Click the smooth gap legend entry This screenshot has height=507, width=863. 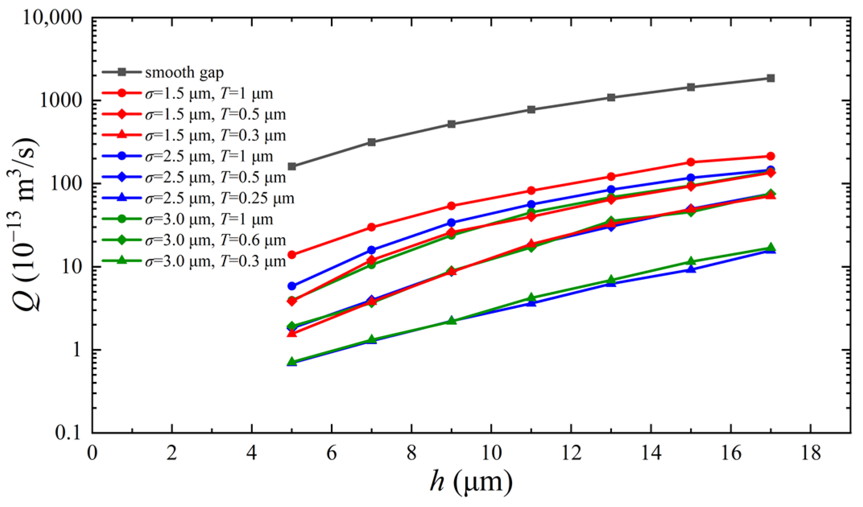click(x=184, y=73)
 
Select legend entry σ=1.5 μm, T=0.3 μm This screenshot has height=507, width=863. click(x=215, y=135)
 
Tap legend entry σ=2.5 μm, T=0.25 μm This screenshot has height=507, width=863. click(x=219, y=198)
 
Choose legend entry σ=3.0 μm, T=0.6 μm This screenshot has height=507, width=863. click(x=215, y=240)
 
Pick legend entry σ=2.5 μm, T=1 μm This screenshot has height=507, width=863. click(x=209, y=156)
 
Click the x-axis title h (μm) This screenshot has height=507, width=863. click(x=471, y=481)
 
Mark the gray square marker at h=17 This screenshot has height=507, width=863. click(x=770, y=78)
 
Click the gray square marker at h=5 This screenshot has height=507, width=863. click(x=292, y=166)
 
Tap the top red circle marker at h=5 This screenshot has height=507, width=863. click(x=292, y=255)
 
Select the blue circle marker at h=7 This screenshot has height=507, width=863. click(x=372, y=250)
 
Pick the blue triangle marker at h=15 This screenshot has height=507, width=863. click(x=691, y=269)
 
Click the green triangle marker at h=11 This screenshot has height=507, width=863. click(x=531, y=298)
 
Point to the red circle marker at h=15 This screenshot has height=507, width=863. click(x=691, y=162)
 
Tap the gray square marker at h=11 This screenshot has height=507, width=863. click(x=531, y=109)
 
